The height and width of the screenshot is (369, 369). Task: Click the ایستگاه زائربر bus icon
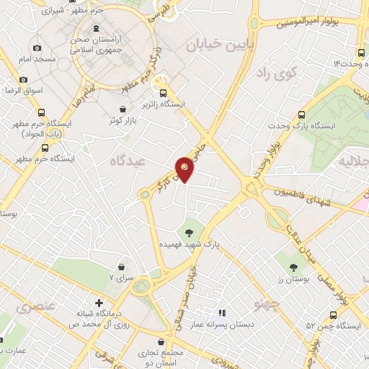point(164,93)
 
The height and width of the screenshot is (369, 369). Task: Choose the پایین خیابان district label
point(221,48)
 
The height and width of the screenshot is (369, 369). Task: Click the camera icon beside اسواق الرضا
point(24,79)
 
